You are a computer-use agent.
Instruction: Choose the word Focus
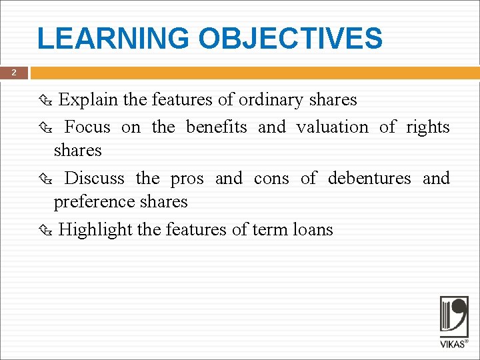[87, 127]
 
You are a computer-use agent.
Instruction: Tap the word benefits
[216, 127]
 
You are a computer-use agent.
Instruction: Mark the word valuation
[332, 127]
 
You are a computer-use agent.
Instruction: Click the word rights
[428, 127]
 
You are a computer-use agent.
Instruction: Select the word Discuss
[94, 178]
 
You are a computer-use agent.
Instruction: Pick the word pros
[187, 179]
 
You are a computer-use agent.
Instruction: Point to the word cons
[271, 179]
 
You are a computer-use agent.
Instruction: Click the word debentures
[369, 178]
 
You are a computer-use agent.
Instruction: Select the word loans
[313, 230]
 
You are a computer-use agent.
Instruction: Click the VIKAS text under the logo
[452, 344]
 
